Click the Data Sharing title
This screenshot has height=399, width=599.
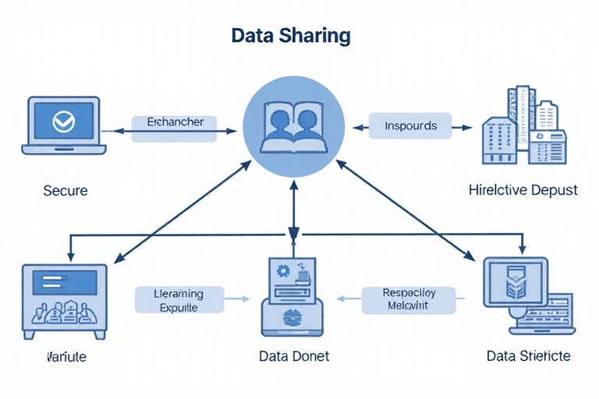point(291,36)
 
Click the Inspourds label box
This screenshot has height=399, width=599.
point(410,125)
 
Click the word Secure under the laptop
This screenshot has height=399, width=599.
point(65,190)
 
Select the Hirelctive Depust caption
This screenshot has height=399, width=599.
point(523,190)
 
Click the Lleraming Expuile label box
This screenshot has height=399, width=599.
point(179,300)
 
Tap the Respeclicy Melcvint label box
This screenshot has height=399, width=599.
point(408,300)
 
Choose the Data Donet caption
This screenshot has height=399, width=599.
point(293,356)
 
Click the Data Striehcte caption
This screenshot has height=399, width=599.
point(528,356)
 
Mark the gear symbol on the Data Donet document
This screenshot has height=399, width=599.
point(282,270)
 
